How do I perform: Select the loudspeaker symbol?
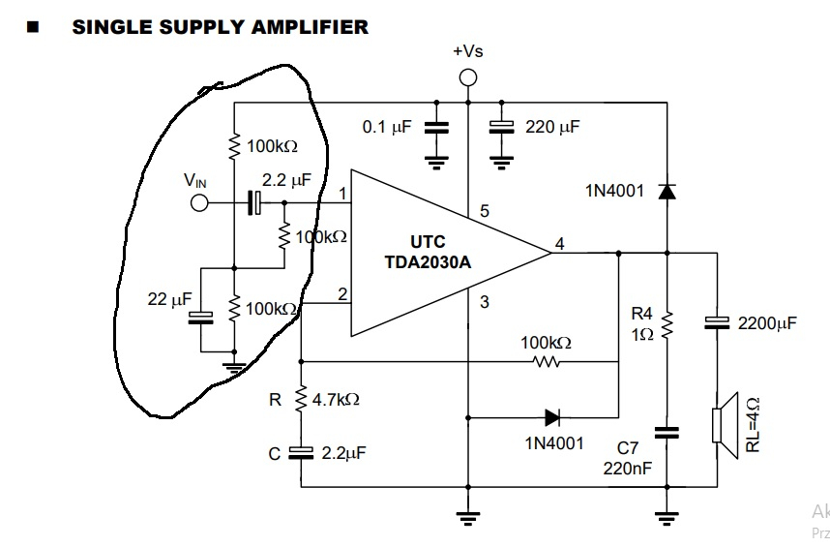point(725,425)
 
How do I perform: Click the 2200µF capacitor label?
point(767,323)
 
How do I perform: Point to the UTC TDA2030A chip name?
point(428,252)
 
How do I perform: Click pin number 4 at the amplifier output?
point(559,244)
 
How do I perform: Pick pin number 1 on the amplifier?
point(342,194)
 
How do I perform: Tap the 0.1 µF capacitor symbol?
point(436,128)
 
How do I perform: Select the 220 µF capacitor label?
point(552,127)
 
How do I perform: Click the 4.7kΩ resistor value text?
point(336,399)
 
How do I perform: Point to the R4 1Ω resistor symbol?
point(667,324)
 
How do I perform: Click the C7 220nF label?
point(628,458)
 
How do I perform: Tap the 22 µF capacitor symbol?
point(201,318)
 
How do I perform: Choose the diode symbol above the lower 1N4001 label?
point(552,418)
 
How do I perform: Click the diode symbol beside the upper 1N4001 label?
point(667,191)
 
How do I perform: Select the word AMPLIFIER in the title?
point(310,27)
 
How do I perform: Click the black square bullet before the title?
point(33,27)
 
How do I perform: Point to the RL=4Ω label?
point(753,425)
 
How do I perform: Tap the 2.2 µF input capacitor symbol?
point(254,202)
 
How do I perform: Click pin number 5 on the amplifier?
point(485,211)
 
